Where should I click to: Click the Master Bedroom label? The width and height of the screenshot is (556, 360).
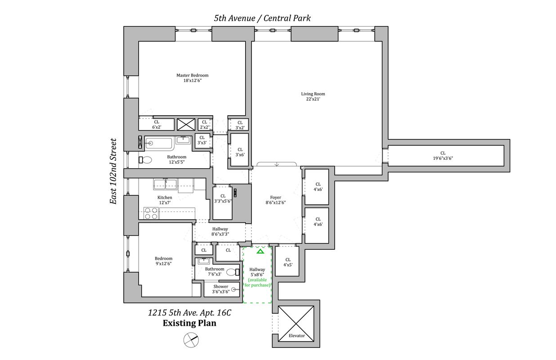click(192, 78)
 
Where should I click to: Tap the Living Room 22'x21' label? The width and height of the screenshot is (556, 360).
click(313, 96)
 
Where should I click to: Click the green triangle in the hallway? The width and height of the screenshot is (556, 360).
click(260, 251)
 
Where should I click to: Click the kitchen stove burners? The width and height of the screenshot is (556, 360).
click(151, 213)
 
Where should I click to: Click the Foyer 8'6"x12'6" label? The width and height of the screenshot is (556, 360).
click(275, 200)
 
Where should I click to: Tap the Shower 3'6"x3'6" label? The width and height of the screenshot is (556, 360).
click(220, 289)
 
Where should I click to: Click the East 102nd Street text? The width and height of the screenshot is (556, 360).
click(114, 171)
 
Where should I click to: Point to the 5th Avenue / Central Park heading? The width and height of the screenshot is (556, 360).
click(262, 18)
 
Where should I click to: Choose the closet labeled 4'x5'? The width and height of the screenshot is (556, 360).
click(287, 262)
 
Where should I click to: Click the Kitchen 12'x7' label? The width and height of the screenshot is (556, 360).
click(165, 200)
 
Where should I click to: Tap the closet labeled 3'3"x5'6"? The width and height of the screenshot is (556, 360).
click(223, 198)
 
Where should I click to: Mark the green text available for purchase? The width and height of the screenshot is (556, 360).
click(258, 283)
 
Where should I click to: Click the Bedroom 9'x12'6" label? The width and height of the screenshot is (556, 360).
click(163, 261)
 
